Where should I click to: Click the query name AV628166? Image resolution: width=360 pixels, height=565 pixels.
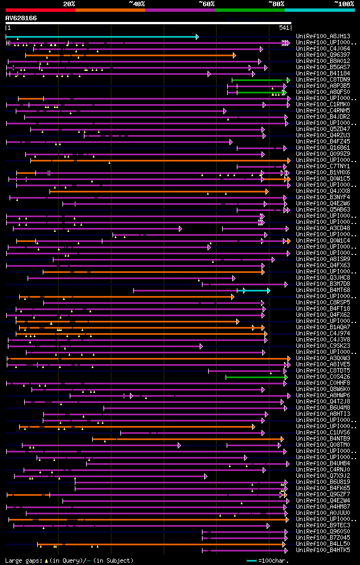[x=21, y=18]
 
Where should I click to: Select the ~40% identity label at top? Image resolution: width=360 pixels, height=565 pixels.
[x=137, y=3]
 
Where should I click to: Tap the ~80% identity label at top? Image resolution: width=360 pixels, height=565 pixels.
[x=276, y=3]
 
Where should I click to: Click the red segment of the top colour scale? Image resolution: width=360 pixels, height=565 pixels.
[x=40, y=10]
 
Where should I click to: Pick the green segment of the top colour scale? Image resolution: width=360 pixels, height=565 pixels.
[x=249, y=10]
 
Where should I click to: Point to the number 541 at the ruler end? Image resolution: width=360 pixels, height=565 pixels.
[x=284, y=28]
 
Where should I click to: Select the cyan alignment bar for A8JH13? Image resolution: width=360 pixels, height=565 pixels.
[x=101, y=37]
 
